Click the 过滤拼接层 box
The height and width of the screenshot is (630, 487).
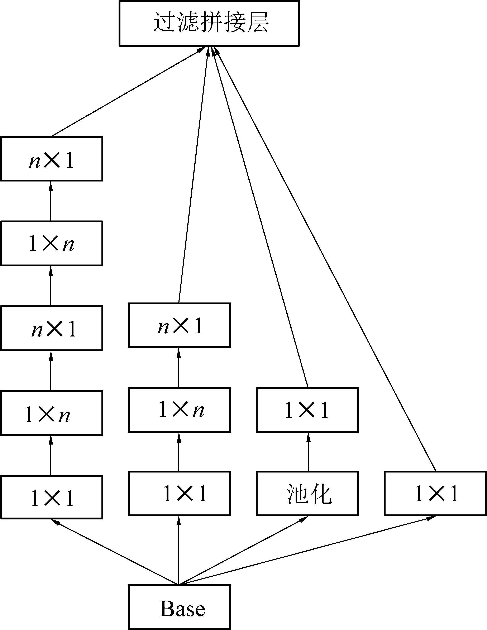(209, 23)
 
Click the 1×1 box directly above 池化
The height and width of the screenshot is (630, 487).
(307, 410)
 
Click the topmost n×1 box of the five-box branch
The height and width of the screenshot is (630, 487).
(52, 159)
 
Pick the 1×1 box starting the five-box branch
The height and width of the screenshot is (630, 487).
(52, 497)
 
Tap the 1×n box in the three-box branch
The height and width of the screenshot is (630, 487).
(179, 410)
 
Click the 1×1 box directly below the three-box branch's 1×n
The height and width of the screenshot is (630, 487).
(179, 494)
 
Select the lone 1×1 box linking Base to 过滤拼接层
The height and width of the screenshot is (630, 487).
(435, 494)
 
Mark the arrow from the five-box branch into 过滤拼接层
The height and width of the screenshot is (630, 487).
(127, 92)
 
